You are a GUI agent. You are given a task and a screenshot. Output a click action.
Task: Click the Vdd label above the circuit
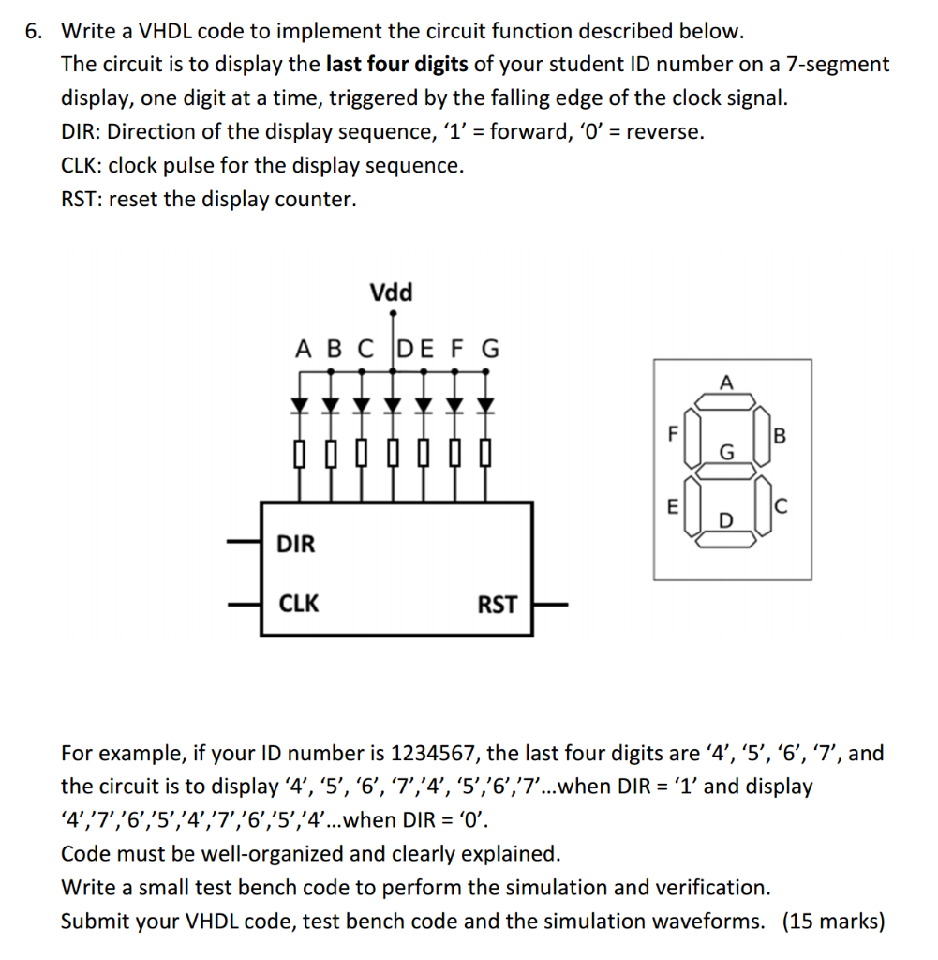coord(391,292)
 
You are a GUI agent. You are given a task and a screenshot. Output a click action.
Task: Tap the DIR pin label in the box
coord(296,544)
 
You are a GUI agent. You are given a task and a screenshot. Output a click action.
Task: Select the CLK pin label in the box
coord(299,603)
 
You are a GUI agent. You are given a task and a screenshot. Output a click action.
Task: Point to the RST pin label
coord(497,605)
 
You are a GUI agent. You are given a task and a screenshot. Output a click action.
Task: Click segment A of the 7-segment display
coord(723,401)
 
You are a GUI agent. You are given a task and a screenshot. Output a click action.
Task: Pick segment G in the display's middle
coord(723,466)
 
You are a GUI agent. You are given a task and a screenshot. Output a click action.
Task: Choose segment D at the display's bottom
coord(723,531)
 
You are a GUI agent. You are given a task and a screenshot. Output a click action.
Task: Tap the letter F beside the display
coord(670,434)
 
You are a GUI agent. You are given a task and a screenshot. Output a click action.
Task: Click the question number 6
coord(33,31)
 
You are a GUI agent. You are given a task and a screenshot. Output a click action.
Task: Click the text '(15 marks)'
coord(833,922)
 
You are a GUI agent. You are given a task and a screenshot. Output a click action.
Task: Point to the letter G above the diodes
coord(489,350)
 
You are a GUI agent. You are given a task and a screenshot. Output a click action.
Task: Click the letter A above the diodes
coord(303,350)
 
